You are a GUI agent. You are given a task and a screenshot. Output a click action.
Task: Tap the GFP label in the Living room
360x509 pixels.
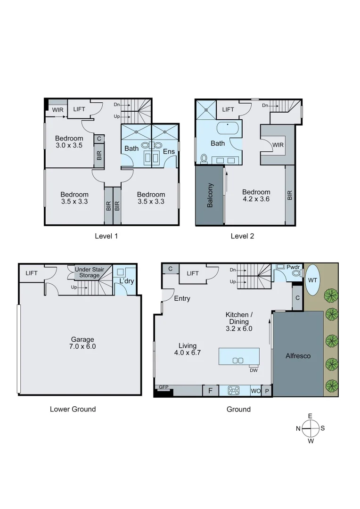[164, 387]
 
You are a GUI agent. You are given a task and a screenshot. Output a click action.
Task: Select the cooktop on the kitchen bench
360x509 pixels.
[234, 391]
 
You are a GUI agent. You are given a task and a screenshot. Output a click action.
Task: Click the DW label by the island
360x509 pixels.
[254, 370]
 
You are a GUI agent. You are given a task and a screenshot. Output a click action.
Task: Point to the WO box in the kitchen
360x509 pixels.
[255, 391]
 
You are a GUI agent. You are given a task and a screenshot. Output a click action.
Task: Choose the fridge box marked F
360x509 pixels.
[210, 391]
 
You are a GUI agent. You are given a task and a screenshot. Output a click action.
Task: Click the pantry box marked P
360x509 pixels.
[267, 391]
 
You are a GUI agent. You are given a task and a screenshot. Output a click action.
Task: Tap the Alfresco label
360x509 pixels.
[298, 356]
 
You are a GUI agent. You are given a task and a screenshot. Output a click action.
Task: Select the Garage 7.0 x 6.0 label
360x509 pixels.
[82, 343]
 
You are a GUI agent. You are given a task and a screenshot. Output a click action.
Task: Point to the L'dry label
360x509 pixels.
[126, 281]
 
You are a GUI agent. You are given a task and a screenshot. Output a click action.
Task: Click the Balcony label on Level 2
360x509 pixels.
[210, 195]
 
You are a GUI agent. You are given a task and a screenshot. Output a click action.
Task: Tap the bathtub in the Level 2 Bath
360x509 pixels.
[228, 128]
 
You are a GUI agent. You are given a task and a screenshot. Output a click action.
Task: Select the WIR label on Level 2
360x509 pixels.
[278, 145]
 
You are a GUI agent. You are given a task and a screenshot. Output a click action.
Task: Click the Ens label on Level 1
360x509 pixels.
[168, 152]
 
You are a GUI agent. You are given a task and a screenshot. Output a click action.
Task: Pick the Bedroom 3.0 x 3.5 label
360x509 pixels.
[69, 142]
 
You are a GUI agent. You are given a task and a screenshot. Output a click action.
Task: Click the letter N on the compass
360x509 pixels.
[298, 428]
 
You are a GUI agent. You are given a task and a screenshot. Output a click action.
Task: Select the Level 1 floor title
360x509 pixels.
[106, 236]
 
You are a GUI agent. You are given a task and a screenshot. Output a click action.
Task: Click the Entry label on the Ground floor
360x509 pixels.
[182, 298]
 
